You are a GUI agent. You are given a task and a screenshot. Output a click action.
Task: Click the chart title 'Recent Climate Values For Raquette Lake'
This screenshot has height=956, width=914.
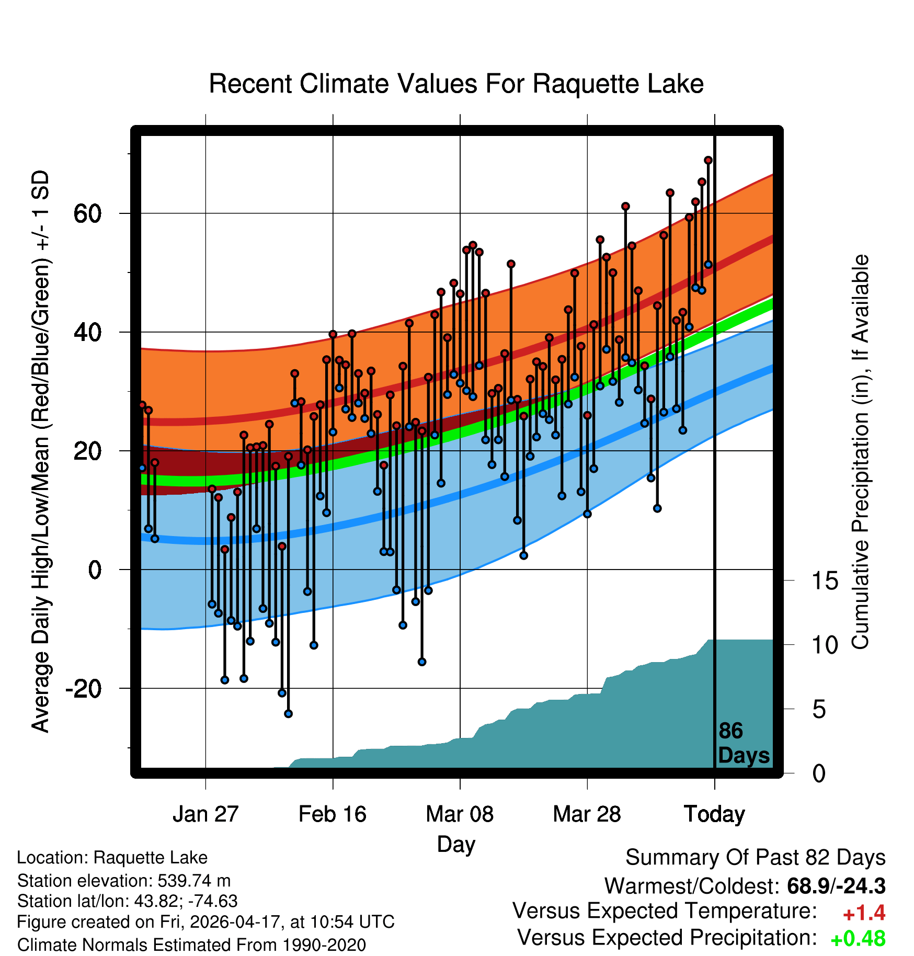click(456, 84)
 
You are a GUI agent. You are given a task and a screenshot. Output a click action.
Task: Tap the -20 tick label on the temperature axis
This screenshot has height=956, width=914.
click(83, 689)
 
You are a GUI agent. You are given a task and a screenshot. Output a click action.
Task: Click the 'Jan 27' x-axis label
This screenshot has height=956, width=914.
click(205, 814)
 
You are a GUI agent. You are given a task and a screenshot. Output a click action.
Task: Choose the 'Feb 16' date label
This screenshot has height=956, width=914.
click(333, 814)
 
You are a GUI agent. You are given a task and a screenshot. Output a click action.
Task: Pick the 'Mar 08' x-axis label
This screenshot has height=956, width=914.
click(460, 814)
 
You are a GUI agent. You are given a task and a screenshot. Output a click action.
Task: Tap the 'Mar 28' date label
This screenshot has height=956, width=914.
click(587, 814)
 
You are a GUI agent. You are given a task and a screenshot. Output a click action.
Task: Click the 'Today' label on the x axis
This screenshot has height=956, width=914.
click(714, 814)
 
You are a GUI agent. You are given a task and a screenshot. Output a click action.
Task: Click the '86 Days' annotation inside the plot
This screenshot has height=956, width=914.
click(744, 743)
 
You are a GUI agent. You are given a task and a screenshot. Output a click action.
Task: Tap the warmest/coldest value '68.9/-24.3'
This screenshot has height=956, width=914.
click(836, 886)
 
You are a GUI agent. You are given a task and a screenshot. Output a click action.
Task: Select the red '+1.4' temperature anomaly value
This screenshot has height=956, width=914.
click(864, 913)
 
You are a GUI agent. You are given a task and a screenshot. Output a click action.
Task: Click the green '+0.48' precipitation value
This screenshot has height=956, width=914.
click(858, 939)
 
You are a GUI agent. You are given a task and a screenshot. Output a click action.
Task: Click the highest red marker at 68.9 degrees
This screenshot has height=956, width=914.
click(708, 160)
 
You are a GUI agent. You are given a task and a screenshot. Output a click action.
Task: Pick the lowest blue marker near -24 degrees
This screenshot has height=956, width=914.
click(288, 714)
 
